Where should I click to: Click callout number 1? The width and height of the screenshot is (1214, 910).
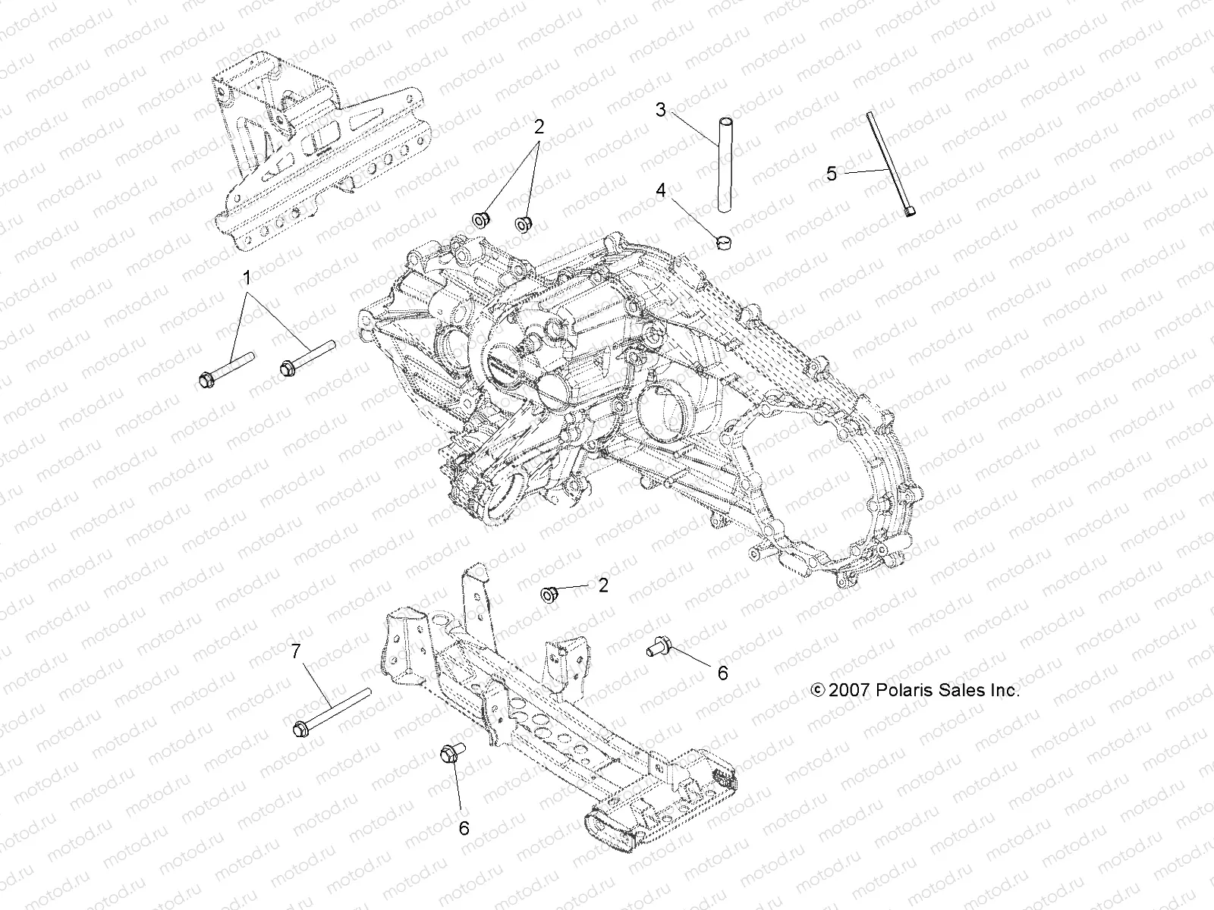click(x=246, y=279)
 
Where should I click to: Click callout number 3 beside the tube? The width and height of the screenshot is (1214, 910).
click(x=661, y=110)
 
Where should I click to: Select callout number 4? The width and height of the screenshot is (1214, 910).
click(x=661, y=190)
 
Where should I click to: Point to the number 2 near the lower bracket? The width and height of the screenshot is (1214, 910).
click(x=603, y=585)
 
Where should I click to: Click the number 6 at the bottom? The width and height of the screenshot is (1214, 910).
click(x=464, y=828)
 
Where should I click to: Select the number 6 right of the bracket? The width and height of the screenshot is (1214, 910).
click(x=722, y=673)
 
